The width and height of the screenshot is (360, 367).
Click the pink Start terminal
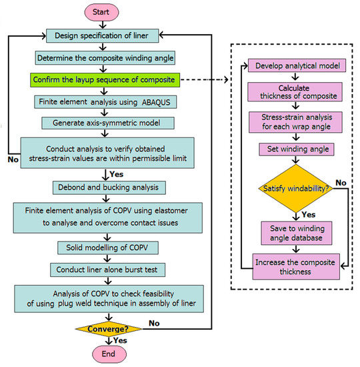(107, 12)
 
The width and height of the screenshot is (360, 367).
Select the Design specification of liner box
(107, 35)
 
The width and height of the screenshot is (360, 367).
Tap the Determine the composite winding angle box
(107, 57)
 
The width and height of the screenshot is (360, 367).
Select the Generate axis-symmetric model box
(107, 123)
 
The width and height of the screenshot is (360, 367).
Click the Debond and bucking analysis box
(107, 188)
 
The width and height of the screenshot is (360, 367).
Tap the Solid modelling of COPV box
(107, 248)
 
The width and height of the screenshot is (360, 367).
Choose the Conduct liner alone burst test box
(107, 269)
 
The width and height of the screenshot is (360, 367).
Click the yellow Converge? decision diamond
(107, 329)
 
